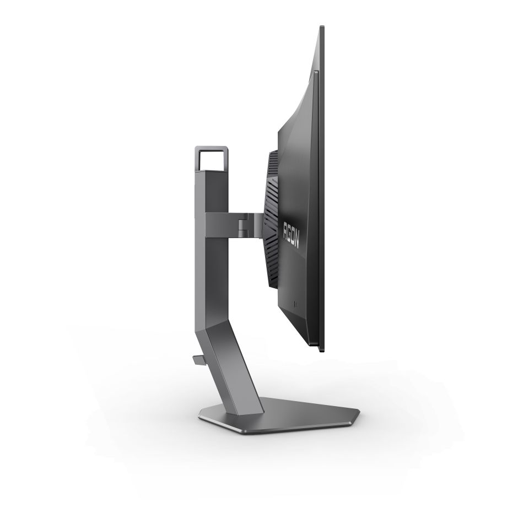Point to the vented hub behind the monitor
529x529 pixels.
[271, 220]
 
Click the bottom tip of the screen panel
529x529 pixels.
[321, 349]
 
